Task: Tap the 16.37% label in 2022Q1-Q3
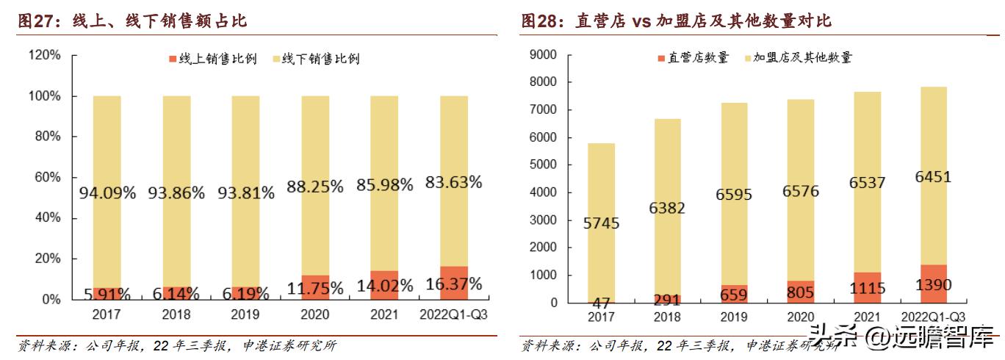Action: (453, 284)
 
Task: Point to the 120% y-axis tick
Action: (45, 55)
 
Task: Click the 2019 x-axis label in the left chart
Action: (245, 315)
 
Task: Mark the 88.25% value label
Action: (315, 187)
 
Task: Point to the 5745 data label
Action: (602, 223)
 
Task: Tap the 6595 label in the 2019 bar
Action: (734, 195)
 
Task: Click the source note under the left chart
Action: (176, 345)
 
